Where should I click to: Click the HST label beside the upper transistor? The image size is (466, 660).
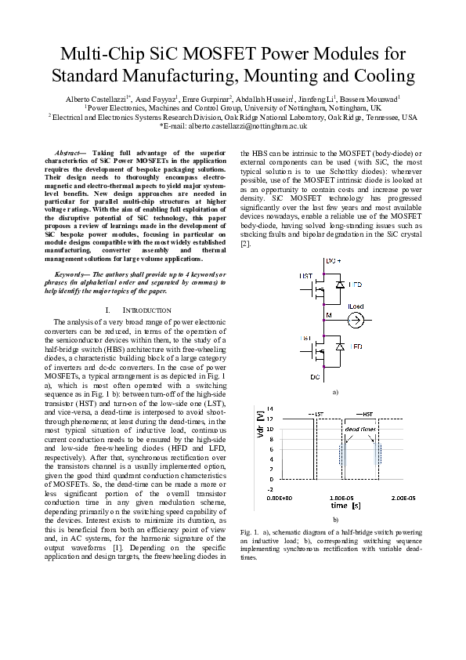click(x=306, y=277)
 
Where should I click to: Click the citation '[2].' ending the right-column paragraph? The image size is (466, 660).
click(x=245, y=245)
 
